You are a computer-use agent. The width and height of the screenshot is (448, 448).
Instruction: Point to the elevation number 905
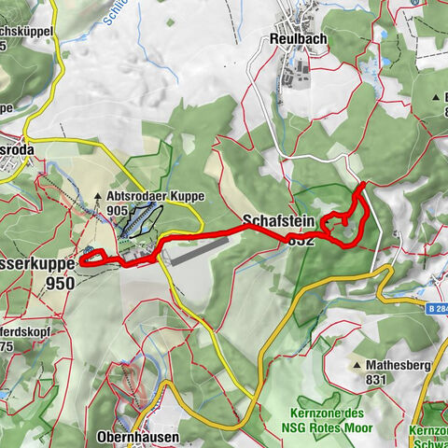117,211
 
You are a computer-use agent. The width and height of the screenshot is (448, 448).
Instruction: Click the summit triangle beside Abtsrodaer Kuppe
98,197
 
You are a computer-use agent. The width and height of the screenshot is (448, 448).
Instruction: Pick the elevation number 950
60,283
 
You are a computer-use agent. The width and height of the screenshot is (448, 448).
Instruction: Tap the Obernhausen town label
138,436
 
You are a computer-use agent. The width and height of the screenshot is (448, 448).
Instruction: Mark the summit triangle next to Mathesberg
358,365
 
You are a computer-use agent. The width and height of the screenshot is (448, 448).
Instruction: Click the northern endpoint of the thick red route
362,185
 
